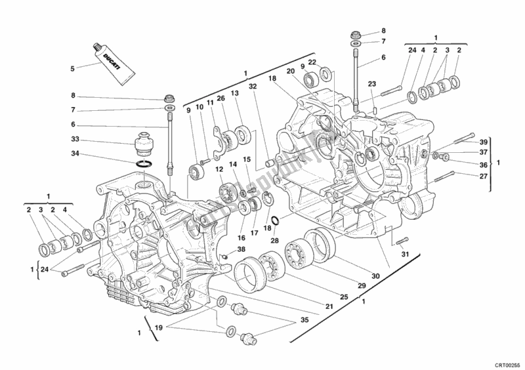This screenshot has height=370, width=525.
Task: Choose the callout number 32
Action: (253, 85)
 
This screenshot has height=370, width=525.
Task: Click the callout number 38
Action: (241, 249)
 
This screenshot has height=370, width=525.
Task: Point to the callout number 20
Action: (289, 71)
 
